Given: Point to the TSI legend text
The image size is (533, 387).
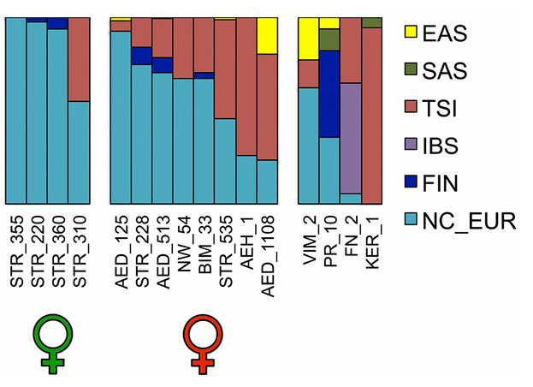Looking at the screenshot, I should [448, 109].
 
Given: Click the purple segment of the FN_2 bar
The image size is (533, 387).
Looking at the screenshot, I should [350, 138].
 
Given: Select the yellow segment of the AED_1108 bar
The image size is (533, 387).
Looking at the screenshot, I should [267, 36].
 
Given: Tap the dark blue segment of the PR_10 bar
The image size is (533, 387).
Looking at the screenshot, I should [329, 94].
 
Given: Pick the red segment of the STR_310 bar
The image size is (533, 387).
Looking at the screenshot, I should [79, 60].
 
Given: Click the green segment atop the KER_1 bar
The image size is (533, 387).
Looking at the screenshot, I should [371, 22].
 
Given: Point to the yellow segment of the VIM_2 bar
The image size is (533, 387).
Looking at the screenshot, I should [308, 39].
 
